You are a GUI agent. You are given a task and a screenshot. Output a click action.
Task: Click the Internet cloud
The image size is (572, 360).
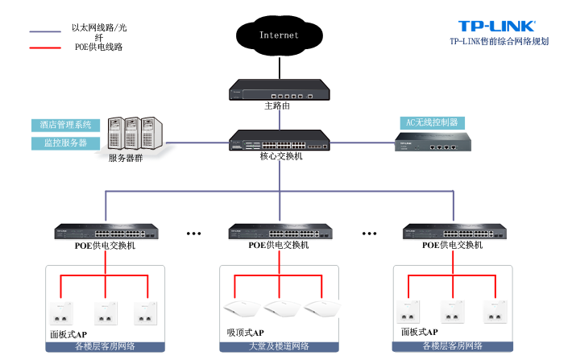(x=279, y=35)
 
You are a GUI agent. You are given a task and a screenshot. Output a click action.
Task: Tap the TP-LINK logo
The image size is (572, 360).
(x=496, y=27)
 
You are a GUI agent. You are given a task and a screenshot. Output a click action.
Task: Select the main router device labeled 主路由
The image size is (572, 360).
(x=279, y=89)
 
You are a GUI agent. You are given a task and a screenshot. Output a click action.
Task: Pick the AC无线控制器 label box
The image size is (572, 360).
(x=432, y=122)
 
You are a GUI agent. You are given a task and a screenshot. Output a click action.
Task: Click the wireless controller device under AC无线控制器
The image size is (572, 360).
(x=432, y=143)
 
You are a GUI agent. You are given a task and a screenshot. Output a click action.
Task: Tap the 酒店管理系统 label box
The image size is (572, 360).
(x=66, y=125)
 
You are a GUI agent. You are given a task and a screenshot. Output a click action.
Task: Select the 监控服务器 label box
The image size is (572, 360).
(x=66, y=143)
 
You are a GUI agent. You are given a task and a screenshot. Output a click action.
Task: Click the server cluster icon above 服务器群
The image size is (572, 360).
(x=134, y=133)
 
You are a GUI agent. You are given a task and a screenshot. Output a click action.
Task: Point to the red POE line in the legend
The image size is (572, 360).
(x=46, y=48)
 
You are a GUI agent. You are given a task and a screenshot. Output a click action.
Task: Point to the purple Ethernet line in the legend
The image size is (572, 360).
(x=46, y=32)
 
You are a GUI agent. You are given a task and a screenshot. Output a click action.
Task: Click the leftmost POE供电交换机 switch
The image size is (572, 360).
(x=106, y=231)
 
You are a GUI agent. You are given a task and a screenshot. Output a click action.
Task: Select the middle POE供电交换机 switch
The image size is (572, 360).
(x=279, y=231)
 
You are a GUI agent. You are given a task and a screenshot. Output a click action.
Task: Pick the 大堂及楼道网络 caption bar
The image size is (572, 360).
(x=278, y=346)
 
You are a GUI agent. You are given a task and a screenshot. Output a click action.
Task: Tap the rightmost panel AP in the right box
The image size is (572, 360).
(x=495, y=311)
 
